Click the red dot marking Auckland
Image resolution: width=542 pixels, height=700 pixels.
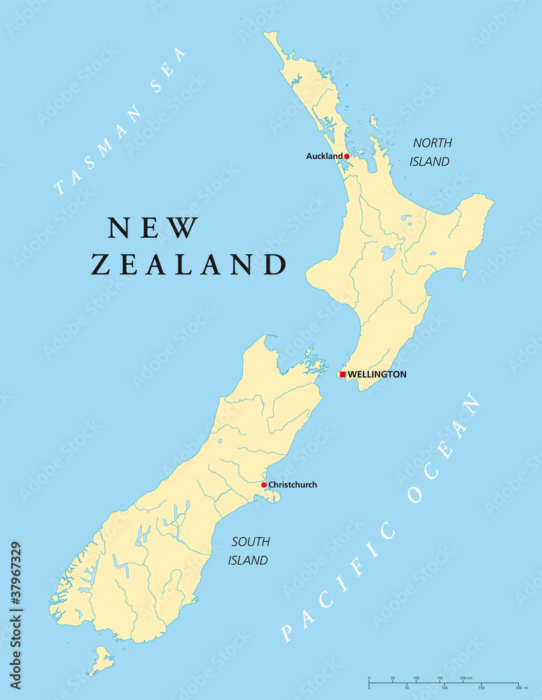coord(346,156)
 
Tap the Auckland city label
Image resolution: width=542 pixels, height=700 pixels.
coord(324,156)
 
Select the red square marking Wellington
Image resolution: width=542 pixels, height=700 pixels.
coord(342,374)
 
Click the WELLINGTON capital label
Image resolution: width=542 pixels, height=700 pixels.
coord(377,374)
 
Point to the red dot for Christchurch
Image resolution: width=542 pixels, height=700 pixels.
coord(264,484)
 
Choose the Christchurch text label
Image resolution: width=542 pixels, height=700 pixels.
coord(293,484)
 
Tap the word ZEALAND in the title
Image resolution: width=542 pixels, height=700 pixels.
coord(189,265)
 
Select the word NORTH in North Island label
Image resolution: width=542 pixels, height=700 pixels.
coord(432,143)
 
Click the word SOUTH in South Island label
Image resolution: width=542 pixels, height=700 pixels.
coord(250,542)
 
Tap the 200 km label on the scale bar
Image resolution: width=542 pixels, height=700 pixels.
coord(466,679)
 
